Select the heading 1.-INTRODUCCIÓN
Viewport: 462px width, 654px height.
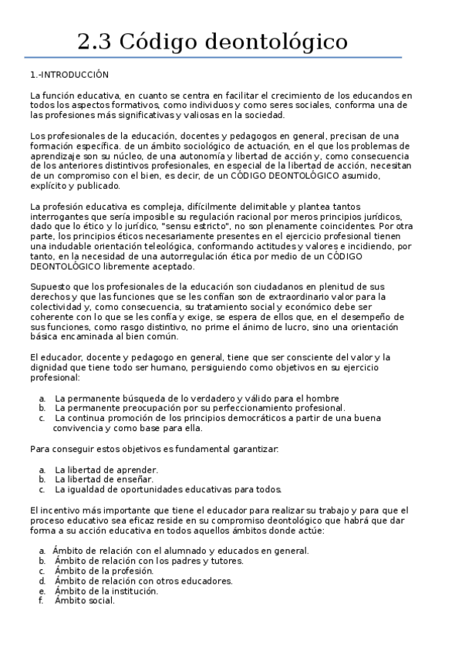[69, 75]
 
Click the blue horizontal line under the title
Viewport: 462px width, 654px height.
[213, 57]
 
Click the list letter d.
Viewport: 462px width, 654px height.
[42, 581]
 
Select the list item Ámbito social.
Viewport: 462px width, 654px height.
[84, 601]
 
